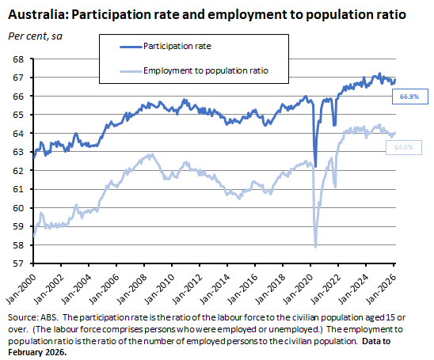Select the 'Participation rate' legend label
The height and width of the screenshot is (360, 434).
coord(177,47)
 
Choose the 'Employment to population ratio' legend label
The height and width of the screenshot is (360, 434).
coord(205,71)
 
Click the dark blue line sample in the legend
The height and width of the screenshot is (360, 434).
coord(124,47)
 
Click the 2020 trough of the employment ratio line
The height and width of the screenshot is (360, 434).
coord(315,247)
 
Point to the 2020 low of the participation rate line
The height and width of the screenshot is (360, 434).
coord(315,166)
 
